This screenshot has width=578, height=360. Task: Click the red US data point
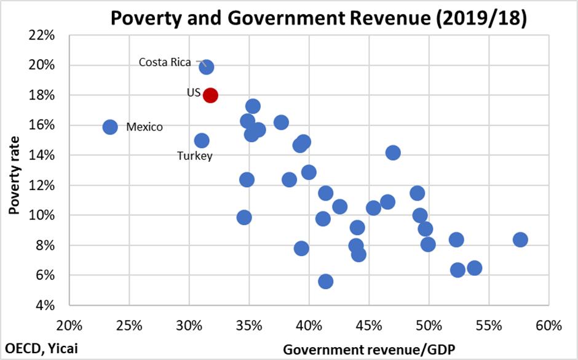pos(210,95)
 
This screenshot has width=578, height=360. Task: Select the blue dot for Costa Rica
pos(207,67)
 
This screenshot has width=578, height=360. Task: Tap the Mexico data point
pos(110,127)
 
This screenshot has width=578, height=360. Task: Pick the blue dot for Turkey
pos(202,141)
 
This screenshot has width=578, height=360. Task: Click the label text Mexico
pos(144,127)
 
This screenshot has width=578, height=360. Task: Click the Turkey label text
pos(195,156)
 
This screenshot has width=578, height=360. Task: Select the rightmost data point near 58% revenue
pos(520,239)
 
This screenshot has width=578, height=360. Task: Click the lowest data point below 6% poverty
pos(326,281)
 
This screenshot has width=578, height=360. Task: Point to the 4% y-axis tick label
pos(49,305)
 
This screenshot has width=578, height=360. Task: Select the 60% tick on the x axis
pos(549,324)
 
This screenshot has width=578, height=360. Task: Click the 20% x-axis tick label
pos(69,324)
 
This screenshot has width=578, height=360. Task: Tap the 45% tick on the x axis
pos(369,324)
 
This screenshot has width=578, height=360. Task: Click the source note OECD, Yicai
pos(40,349)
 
